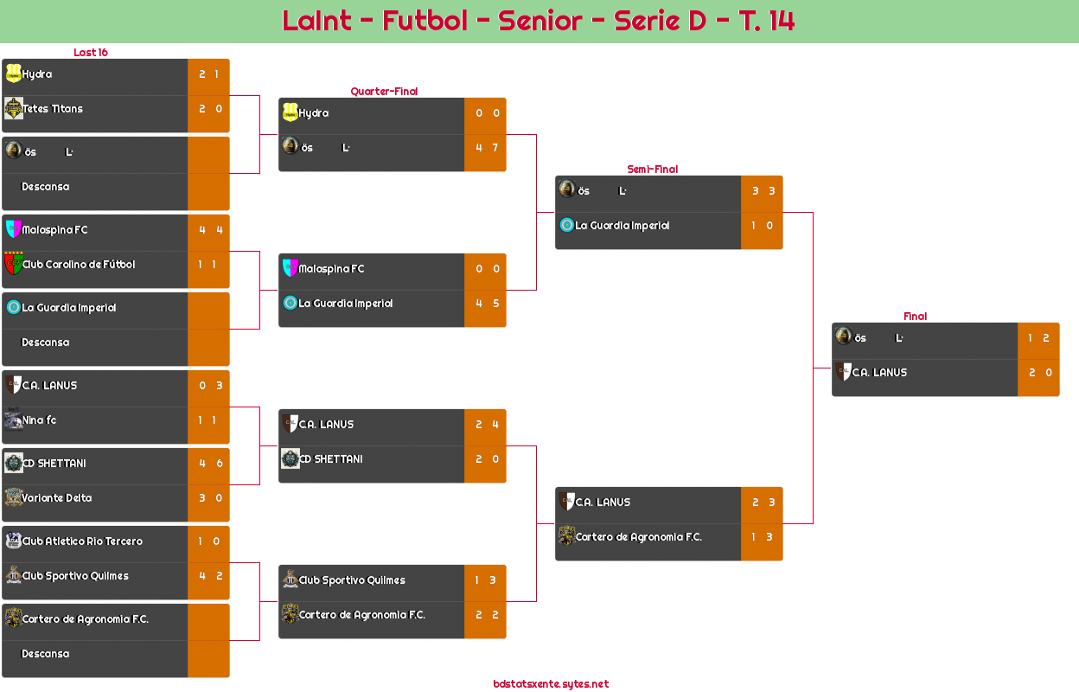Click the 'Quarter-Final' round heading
tap(383, 91)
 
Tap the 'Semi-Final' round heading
tap(651, 169)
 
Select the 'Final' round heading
tap(914, 316)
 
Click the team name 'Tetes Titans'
tap(53, 109)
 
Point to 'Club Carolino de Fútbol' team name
tap(79, 265)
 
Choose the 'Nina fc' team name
tap(40, 420)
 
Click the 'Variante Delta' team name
tap(57, 498)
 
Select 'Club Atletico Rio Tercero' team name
tap(82, 541)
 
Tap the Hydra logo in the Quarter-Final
tap(290, 112)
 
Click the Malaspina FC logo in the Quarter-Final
tap(290, 268)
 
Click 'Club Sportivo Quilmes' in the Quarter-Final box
tap(352, 580)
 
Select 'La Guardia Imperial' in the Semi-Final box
tap(622, 226)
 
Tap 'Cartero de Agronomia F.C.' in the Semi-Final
tap(639, 537)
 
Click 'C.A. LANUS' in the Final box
tap(879, 373)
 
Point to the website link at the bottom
tap(551, 683)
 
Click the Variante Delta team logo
tap(14, 497)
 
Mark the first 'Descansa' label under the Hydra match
tap(45, 187)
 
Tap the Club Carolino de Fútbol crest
tap(13, 263)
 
